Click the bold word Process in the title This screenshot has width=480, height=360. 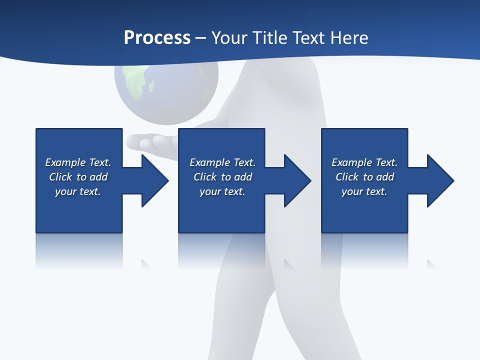click(x=157, y=38)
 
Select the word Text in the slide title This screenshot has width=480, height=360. click(x=309, y=38)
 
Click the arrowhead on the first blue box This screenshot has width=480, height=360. click(x=153, y=180)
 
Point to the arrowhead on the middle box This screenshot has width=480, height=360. click(x=295, y=180)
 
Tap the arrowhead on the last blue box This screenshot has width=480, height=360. click(x=438, y=180)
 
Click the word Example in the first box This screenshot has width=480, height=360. click(x=65, y=162)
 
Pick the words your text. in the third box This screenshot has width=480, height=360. click(x=364, y=191)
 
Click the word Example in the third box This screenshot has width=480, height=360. click(x=351, y=162)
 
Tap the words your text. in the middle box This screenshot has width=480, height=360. click(x=222, y=191)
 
